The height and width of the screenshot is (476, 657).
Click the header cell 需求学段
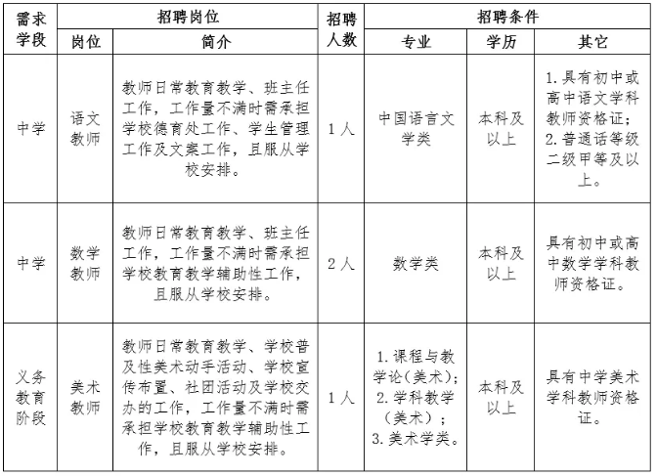[30, 30]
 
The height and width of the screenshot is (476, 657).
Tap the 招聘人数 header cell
[341, 30]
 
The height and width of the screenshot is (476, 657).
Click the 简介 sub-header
[216, 43]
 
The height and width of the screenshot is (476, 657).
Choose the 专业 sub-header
[416, 43]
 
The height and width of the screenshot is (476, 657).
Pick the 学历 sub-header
[502, 43]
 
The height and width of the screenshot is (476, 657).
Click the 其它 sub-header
[592, 43]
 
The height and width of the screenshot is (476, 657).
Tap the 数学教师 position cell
[85, 262]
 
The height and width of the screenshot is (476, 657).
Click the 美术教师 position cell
[85, 397]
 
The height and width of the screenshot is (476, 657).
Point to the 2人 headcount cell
[341, 263]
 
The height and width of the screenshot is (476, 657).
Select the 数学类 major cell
[416, 263]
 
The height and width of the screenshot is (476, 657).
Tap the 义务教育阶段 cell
[30, 397]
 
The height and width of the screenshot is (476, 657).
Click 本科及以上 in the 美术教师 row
[502, 397]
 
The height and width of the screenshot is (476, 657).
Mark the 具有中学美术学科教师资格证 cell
[592, 397]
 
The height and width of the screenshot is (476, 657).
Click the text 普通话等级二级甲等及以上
[592, 158]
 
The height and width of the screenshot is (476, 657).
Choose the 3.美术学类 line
[416, 438]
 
